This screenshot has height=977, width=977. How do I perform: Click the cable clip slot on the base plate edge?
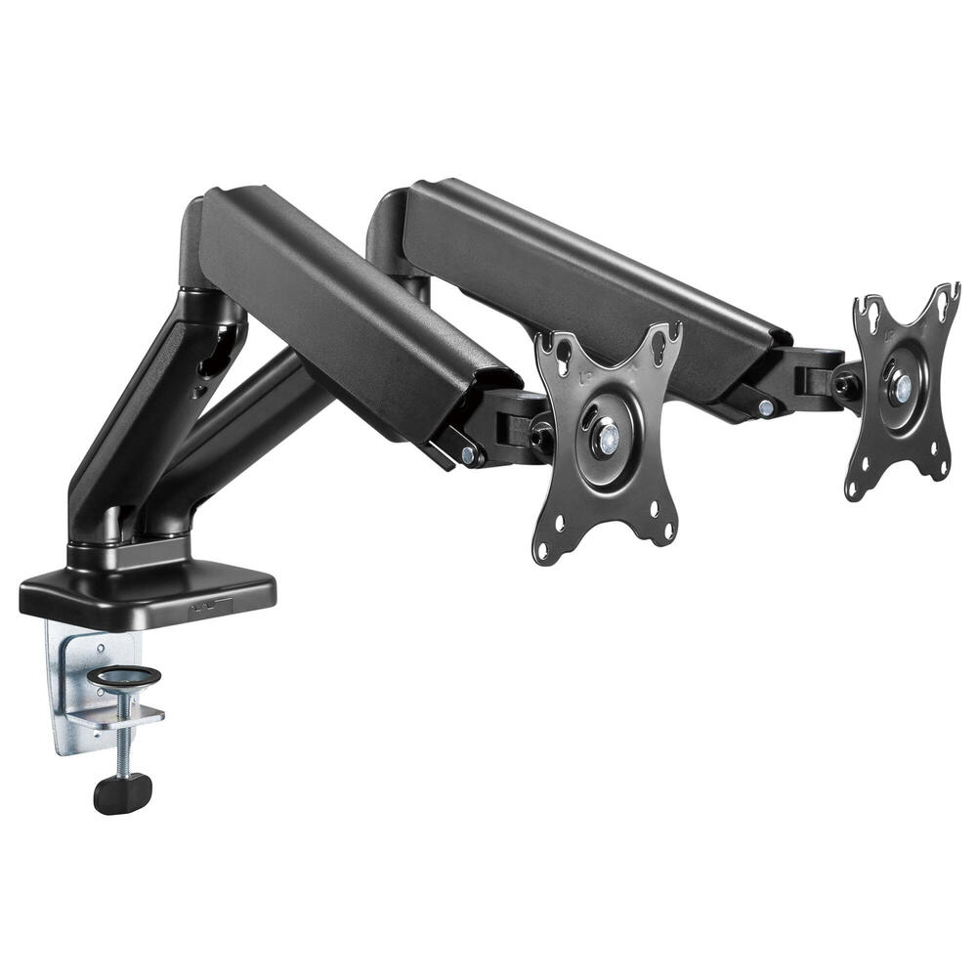pyautogui.click(x=210, y=607)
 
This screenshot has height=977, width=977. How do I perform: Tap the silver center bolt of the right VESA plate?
pyautogui.click(x=901, y=387)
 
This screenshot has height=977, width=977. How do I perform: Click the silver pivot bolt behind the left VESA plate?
pyautogui.click(x=470, y=454)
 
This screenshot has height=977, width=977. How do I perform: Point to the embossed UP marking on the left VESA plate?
pyautogui.click(x=584, y=372)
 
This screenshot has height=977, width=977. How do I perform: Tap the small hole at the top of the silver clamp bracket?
pyautogui.click(x=99, y=646)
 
